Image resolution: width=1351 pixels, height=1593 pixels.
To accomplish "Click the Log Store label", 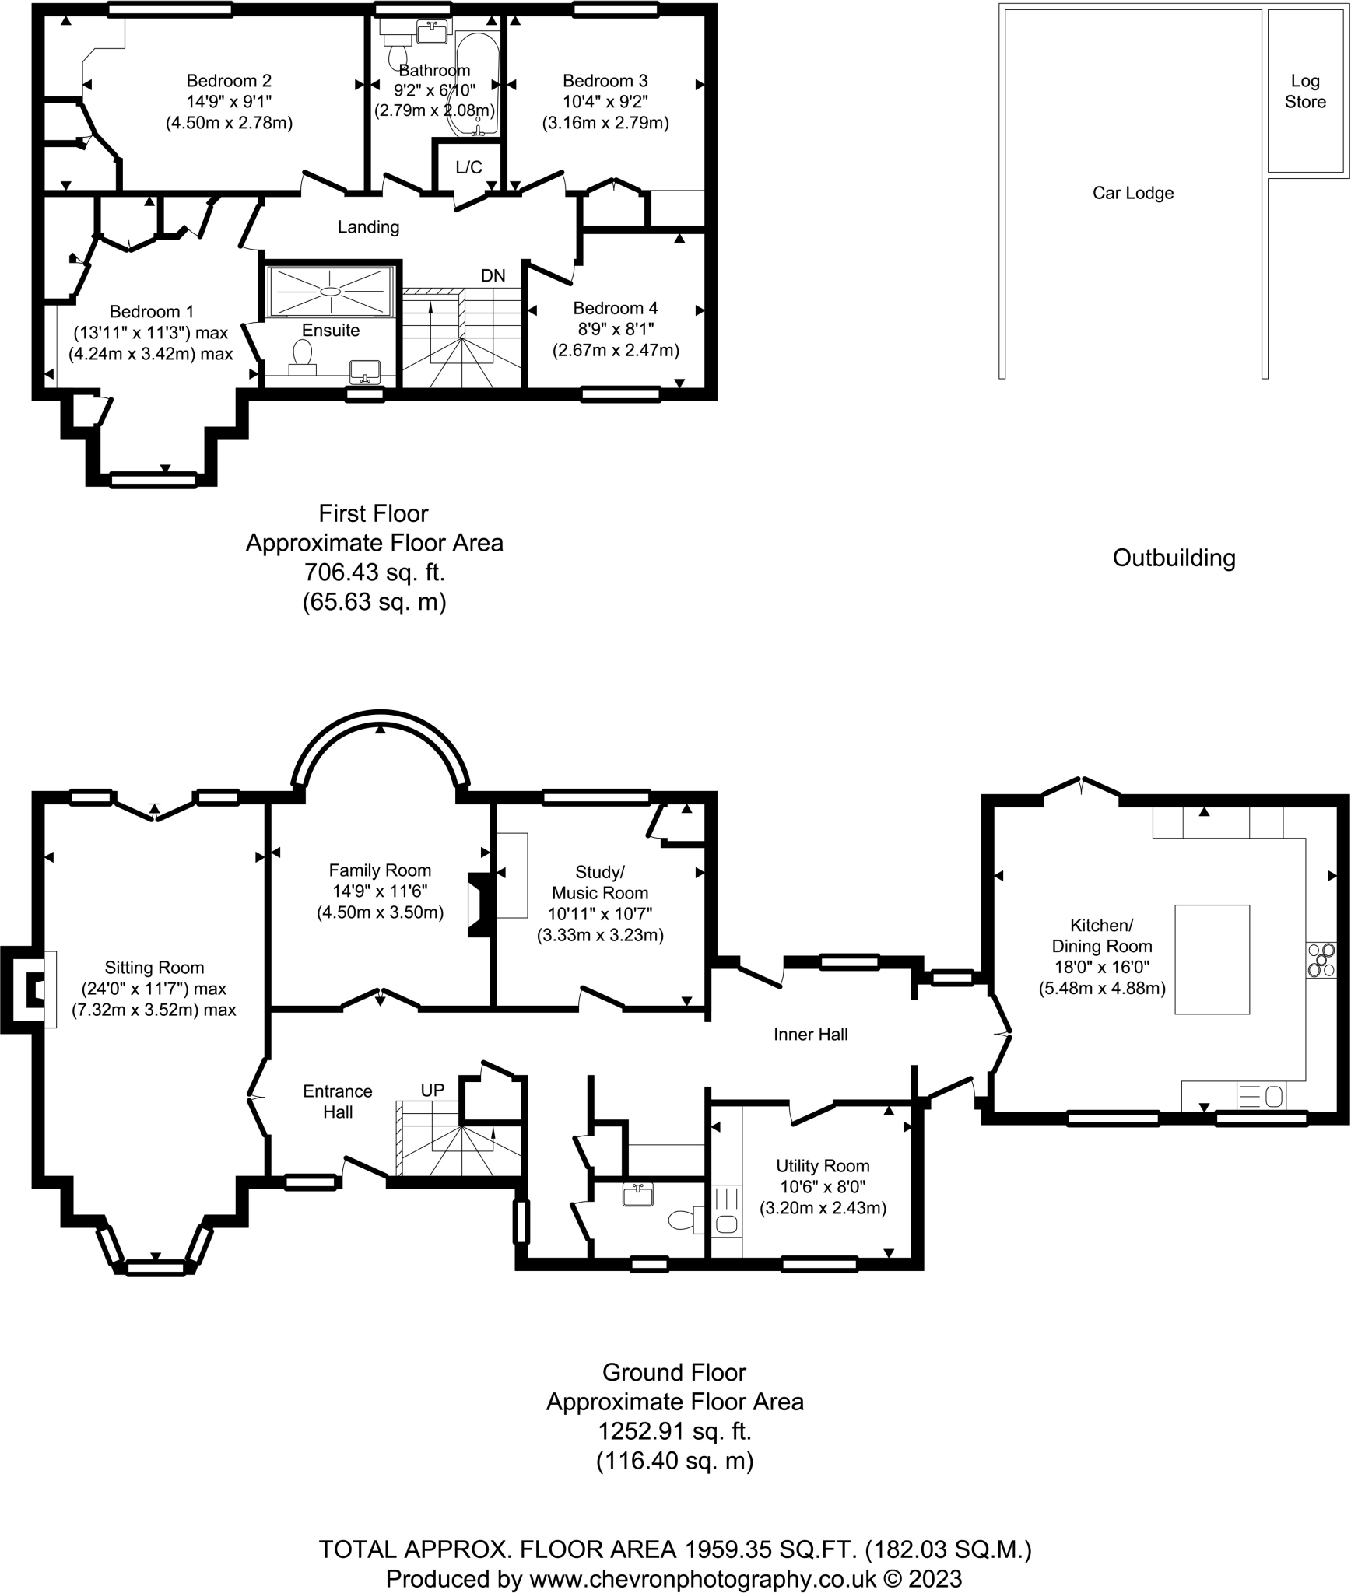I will point(1304,91).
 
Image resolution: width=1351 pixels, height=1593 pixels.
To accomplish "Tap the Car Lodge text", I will point(1132,193).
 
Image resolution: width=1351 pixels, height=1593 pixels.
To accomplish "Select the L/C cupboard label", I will point(468,167).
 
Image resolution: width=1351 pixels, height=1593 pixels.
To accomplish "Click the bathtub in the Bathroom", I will point(476,82).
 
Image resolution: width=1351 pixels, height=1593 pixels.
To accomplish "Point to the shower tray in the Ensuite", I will point(330,291).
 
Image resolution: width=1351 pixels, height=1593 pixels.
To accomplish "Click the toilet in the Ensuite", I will point(302,359).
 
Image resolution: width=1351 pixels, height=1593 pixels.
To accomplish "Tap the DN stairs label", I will point(493,275).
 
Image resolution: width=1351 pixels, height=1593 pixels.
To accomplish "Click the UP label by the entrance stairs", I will point(432,1090).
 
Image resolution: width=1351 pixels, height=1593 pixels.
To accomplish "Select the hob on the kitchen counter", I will point(1321,959).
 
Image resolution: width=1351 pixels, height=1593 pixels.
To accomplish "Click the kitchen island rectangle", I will point(1212,959).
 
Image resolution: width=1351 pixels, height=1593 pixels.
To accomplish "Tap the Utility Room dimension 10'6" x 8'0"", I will point(823,1187).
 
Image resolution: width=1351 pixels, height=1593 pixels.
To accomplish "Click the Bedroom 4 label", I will point(615,308).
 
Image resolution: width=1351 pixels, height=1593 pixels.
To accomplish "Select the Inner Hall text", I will point(810,1034).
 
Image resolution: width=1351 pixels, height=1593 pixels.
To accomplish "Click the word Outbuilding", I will point(1174,558).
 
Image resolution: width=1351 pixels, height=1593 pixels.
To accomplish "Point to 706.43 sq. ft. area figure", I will point(374,572).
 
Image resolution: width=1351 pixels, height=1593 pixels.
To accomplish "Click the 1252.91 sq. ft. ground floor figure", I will point(674,1431).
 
